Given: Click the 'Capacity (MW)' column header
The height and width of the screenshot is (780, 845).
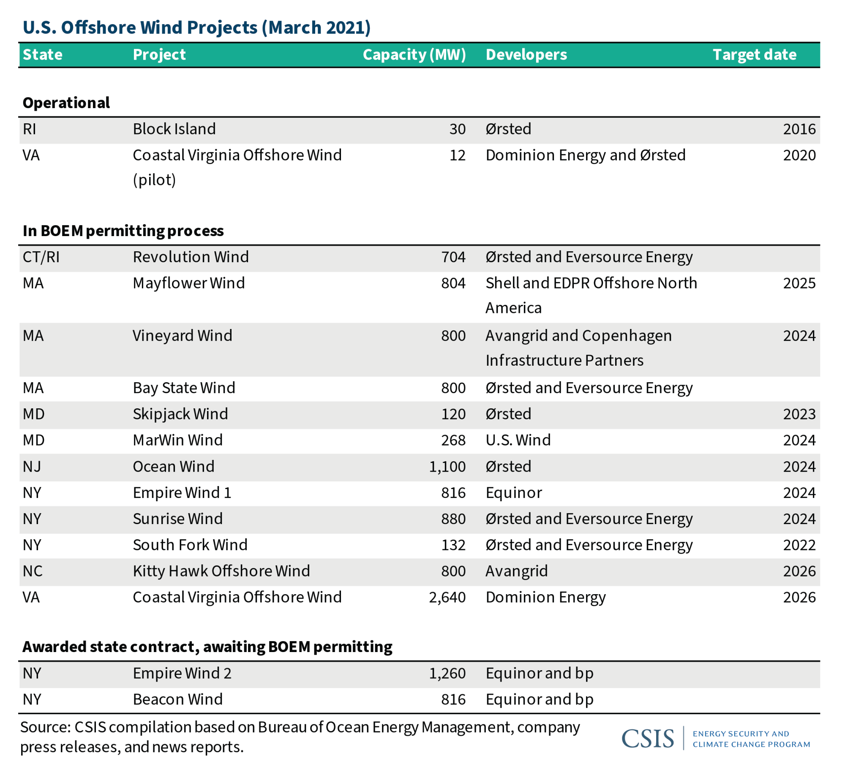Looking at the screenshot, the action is (414, 55).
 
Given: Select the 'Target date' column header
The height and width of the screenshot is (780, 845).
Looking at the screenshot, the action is (755, 55).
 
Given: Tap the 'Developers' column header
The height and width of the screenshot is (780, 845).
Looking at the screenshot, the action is (526, 55).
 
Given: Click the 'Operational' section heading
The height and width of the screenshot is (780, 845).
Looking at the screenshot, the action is (66, 103).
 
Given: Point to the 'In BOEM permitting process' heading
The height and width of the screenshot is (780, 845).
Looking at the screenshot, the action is (123, 231).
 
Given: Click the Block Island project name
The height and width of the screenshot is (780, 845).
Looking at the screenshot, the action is (174, 129).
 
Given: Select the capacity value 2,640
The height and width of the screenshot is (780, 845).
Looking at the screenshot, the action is (447, 597).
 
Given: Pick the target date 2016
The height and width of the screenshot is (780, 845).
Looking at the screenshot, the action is (799, 129).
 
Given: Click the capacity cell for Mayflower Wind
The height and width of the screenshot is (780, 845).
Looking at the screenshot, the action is (453, 283).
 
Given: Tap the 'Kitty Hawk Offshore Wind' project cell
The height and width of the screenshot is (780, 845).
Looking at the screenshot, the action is (221, 571).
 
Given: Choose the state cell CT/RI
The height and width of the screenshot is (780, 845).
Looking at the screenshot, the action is (41, 257).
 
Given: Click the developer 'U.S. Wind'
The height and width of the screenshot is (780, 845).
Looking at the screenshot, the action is (518, 440).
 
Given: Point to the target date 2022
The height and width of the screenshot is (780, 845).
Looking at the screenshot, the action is (799, 545).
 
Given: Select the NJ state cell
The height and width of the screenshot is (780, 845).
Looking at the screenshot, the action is (32, 466).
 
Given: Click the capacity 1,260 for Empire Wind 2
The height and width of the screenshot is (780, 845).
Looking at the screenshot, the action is (447, 673).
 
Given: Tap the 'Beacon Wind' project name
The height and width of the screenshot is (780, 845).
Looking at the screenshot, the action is (178, 699).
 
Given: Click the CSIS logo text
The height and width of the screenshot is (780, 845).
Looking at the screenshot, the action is (648, 738).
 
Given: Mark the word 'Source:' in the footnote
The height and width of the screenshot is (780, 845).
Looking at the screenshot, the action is (45, 727).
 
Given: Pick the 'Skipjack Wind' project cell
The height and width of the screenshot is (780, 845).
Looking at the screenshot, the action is (180, 414).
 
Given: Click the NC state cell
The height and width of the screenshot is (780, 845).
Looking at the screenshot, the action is (33, 571).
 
